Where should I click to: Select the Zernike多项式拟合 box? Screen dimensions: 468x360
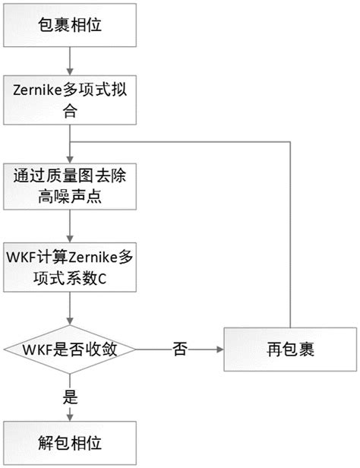pos(69,100)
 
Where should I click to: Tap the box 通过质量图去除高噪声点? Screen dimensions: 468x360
pos(69,186)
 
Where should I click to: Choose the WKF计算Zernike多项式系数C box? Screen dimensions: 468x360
pos(69,267)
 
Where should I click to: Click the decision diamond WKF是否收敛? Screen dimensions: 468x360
pos(69,349)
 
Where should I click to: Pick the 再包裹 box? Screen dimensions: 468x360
pos(290,349)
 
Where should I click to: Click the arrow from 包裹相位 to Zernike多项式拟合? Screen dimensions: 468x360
pos(69,62)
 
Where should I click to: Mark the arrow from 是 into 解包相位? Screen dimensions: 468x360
pos(69,413)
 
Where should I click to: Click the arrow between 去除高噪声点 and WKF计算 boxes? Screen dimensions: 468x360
pos(69,226)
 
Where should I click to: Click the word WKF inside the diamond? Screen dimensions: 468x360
pos(36,349)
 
